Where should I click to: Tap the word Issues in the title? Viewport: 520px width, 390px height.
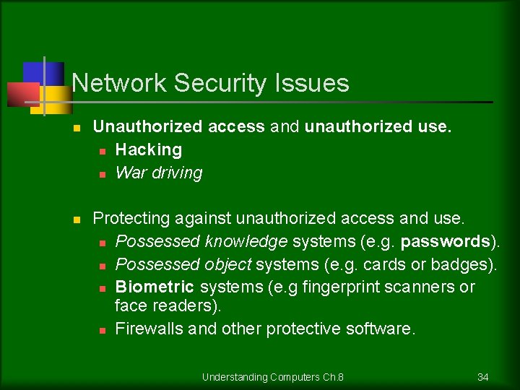[x=311, y=83]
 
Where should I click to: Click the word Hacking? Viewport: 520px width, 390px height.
[x=149, y=149]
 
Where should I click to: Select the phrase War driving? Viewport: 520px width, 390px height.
[x=159, y=173]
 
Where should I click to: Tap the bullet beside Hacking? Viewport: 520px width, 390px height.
[x=102, y=151]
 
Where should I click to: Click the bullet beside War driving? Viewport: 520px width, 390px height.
[x=102, y=174]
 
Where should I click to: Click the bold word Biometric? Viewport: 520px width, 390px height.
[x=155, y=287]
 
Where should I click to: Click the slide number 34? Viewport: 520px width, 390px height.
[x=483, y=377]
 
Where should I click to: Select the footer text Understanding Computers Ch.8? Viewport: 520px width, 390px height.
[x=272, y=377]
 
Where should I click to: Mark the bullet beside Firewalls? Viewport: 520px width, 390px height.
[x=102, y=330]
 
